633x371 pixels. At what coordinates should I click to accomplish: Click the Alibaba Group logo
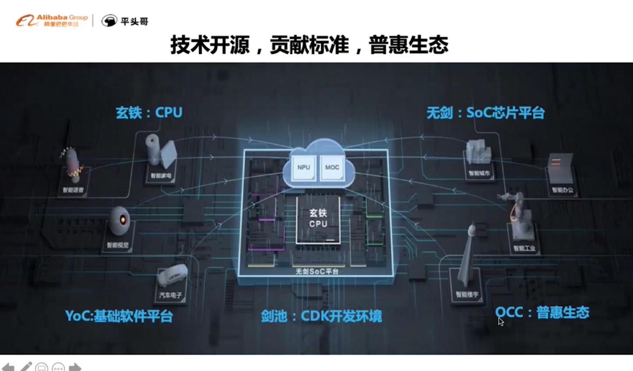coord(52,20)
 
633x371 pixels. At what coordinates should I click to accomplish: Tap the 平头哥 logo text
coord(134,21)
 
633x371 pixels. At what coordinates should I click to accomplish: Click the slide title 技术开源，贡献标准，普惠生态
coord(309,45)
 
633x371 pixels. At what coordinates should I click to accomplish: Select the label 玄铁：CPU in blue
coord(149,113)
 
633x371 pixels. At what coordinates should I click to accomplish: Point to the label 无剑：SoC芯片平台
coord(486,113)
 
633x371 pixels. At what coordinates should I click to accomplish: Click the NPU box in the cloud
coord(304,167)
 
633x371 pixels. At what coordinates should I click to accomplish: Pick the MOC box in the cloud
coord(332,167)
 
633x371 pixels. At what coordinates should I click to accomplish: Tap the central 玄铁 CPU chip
coord(318,219)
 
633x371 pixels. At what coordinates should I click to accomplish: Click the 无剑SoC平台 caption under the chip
coord(317,271)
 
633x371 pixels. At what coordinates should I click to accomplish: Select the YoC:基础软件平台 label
coord(119,315)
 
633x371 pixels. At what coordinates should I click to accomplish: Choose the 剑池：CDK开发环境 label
coord(321,316)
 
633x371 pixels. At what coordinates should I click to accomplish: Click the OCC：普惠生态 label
coord(542,312)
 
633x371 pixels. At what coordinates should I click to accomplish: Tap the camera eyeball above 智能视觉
coord(119,221)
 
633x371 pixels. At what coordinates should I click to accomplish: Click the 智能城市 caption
coord(479,173)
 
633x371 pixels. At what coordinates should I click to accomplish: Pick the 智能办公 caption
coord(562,190)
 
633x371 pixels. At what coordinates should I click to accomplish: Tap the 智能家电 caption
coord(161,176)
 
